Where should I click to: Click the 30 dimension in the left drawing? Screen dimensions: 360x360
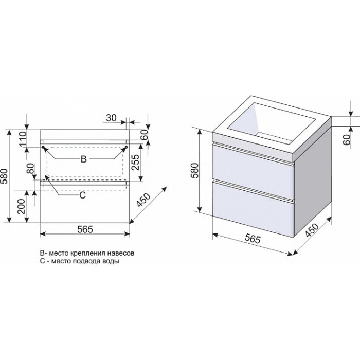[x=112, y=118]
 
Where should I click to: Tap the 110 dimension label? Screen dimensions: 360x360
[x=23, y=139]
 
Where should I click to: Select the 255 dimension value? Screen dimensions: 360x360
[x=136, y=162]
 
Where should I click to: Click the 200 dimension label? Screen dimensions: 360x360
[x=22, y=207]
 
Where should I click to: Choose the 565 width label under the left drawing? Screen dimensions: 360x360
[x=85, y=229]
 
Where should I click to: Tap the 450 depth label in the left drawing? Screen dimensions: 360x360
[x=143, y=200]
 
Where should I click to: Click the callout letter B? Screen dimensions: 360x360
[x=84, y=159]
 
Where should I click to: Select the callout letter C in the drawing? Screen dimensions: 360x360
[x=83, y=195]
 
